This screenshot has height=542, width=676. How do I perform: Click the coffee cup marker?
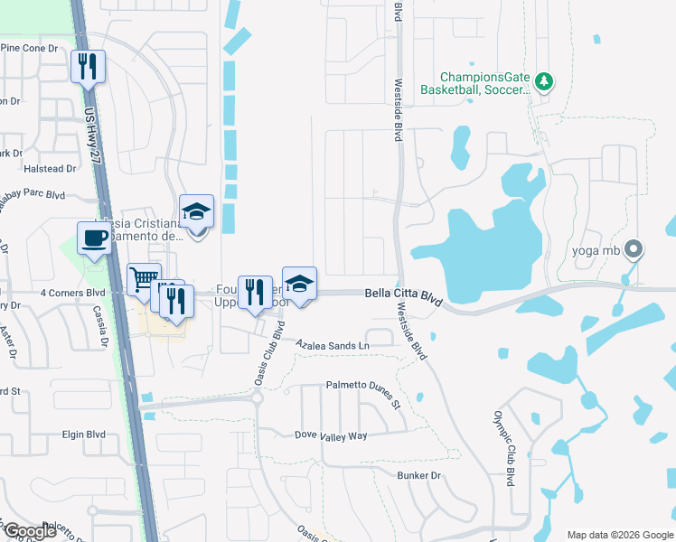click(94, 239)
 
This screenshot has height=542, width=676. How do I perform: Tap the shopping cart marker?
click(144, 281)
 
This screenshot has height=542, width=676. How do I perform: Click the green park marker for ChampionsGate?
click(543, 82)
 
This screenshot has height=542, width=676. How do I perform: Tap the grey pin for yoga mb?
click(634, 248)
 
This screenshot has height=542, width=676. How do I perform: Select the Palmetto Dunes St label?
click(362, 393)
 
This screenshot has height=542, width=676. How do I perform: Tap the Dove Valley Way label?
click(332, 435)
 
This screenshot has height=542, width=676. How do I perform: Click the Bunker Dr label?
click(418, 475)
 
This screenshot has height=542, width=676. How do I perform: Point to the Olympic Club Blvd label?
click(503, 449)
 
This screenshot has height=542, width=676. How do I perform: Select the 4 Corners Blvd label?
click(73, 293)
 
